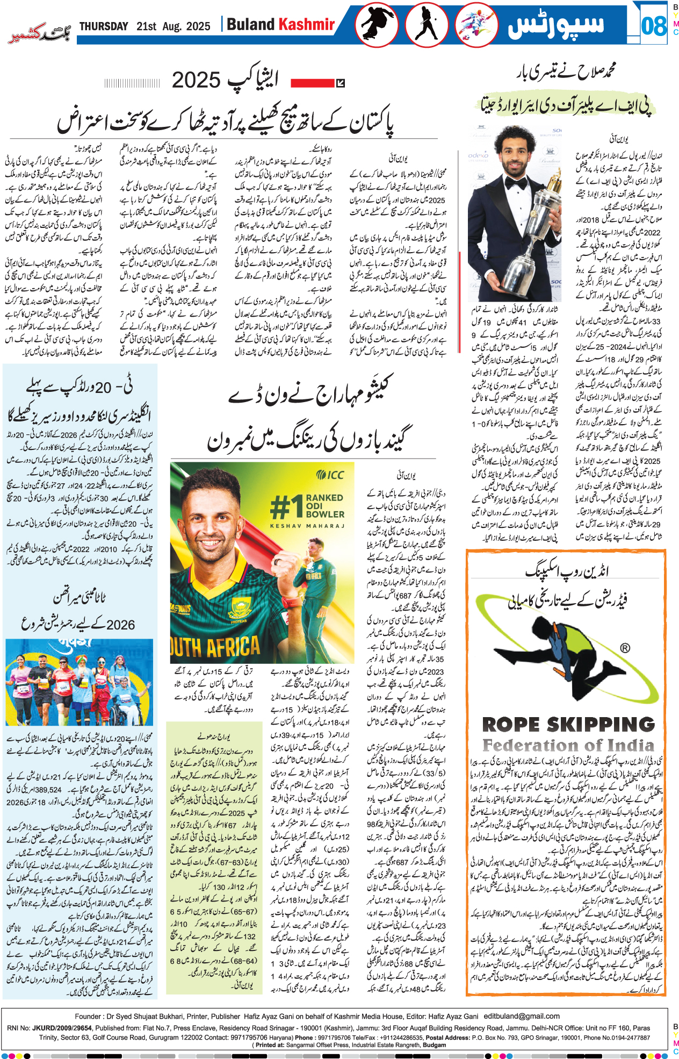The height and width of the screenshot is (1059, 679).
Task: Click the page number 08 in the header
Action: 654,25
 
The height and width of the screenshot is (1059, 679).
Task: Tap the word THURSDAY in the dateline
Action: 104,26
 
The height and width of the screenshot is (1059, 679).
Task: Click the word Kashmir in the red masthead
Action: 306,25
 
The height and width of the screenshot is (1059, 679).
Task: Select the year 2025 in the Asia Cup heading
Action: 196,81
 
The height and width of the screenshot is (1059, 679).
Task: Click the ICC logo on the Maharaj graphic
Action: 330,475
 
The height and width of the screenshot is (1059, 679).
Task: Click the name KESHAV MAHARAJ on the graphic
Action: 307,526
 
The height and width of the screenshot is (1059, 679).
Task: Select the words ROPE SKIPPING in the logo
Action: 568,725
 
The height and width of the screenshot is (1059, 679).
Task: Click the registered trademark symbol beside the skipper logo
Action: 625,648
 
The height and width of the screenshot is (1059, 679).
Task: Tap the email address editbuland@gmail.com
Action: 522,1016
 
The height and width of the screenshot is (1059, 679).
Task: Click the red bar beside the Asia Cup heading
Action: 313,83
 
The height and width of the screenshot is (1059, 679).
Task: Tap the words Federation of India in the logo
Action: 568,746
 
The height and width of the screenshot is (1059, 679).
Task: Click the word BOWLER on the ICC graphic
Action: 325,514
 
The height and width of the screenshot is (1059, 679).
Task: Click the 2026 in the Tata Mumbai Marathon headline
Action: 121,625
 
